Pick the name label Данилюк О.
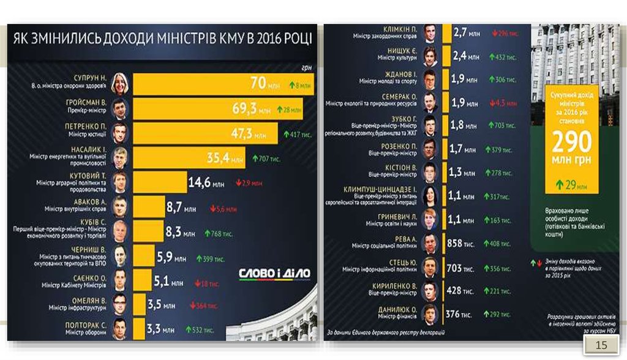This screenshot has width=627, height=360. pyautogui.click(x=398, y=310)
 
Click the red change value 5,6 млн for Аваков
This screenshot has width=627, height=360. pyautogui.click(x=223, y=209)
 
